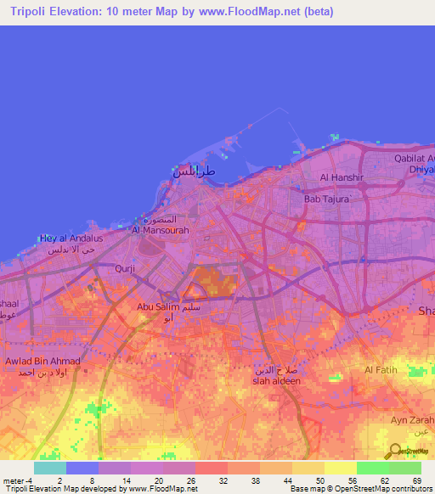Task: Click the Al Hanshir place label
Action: pyautogui.click(x=341, y=177)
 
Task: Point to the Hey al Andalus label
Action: pyautogui.click(x=71, y=239)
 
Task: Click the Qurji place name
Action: pyautogui.click(x=126, y=267)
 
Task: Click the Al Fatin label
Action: pyautogui.click(x=381, y=370)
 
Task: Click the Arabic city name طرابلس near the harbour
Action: pyautogui.click(x=195, y=171)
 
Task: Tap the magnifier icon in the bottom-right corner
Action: pyautogui.click(x=394, y=452)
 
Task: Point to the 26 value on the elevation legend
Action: pyautogui.click(x=192, y=480)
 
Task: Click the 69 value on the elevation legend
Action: pyautogui.click(x=417, y=480)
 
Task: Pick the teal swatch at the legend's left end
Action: pyautogui.click(x=50, y=468)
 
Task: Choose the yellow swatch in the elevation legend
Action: pyautogui.click(x=340, y=468)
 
